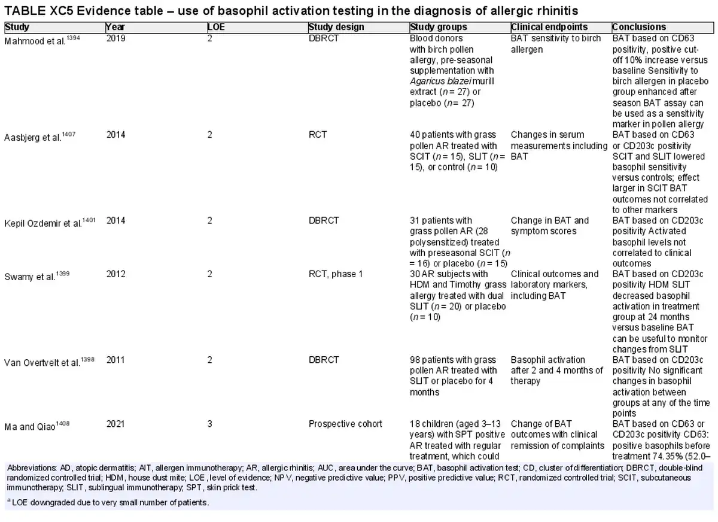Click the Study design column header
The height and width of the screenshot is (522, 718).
pos(336,27)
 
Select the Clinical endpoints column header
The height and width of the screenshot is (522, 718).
pos(549,27)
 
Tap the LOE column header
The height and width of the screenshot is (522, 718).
pos(216,27)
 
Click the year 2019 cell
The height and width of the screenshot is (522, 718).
pos(115,38)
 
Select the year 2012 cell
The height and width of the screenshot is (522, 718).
pos(115,274)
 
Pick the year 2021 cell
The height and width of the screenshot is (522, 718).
pos(115,424)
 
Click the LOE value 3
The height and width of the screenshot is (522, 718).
pos(209,424)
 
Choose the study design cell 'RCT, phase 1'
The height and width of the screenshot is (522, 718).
pos(336,274)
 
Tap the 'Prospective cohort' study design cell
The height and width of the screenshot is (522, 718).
pos(345,424)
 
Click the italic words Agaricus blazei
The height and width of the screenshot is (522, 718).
pos(441,81)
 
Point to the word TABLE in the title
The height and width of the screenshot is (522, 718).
pos(25,11)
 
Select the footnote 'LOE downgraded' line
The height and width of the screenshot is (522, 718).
pos(108,502)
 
